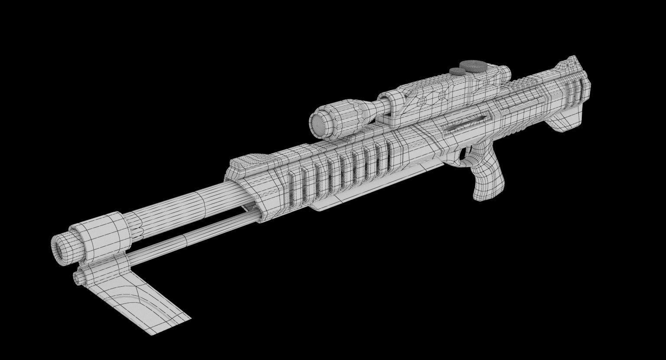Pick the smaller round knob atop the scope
tap(456, 71)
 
